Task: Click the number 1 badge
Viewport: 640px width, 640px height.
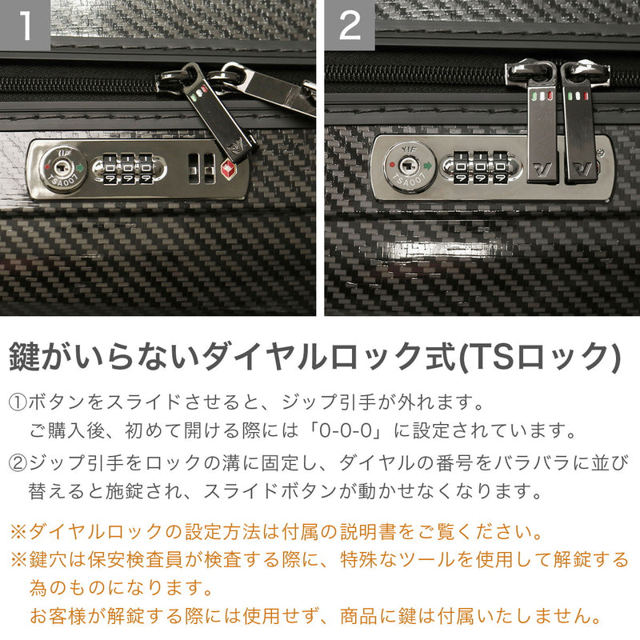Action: click(x=26, y=26)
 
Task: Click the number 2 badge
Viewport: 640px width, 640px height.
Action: click(x=350, y=26)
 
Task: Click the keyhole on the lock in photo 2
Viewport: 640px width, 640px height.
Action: click(x=409, y=164)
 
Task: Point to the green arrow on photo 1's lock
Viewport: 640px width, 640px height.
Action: click(x=80, y=169)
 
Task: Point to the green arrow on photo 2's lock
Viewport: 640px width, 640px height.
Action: click(x=429, y=167)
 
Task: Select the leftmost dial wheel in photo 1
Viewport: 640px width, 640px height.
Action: click(x=110, y=170)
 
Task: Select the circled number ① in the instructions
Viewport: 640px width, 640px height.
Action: click(x=17, y=401)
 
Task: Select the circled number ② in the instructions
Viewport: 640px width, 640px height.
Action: click(x=17, y=462)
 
